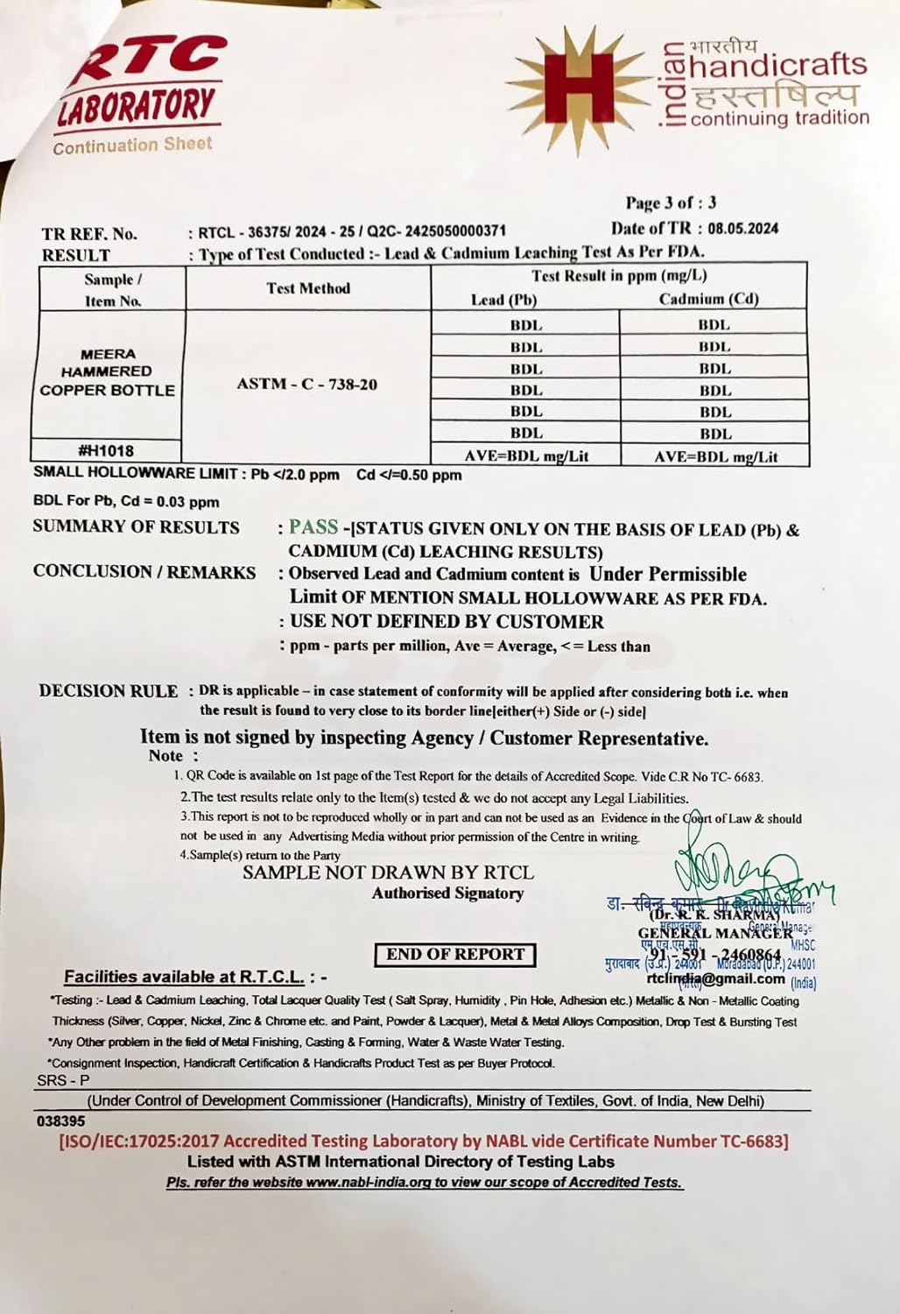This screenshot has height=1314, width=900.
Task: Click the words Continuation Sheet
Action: pyautogui.click(x=132, y=145)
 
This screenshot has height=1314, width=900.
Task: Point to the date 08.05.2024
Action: pyautogui.click(x=742, y=229)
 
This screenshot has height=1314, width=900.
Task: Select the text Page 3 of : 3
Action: pyautogui.click(x=671, y=203)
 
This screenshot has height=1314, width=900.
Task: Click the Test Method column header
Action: pyautogui.click(x=308, y=288)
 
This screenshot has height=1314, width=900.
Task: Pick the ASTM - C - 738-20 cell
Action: pyautogui.click(x=307, y=384)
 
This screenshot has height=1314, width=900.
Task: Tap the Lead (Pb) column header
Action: pyautogui.click(x=503, y=300)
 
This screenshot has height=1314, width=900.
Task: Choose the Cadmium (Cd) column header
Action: pyautogui.click(x=708, y=299)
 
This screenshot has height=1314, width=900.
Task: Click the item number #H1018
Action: pyautogui.click(x=106, y=450)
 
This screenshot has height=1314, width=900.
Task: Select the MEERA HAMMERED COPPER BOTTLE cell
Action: pyautogui.click(x=107, y=372)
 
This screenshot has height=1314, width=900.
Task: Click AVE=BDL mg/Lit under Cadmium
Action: pyautogui.click(x=715, y=456)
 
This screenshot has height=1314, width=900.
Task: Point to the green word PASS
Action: pyautogui.click(x=313, y=526)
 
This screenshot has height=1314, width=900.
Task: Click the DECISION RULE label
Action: pyautogui.click(x=108, y=691)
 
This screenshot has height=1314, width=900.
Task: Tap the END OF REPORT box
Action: pyautogui.click(x=455, y=954)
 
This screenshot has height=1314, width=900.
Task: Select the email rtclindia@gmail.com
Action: pyautogui.click(x=715, y=978)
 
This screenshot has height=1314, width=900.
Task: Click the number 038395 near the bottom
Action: pyautogui.click(x=61, y=1120)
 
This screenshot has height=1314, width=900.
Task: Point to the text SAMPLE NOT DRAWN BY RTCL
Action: pyautogui.click(x=388, y=872)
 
